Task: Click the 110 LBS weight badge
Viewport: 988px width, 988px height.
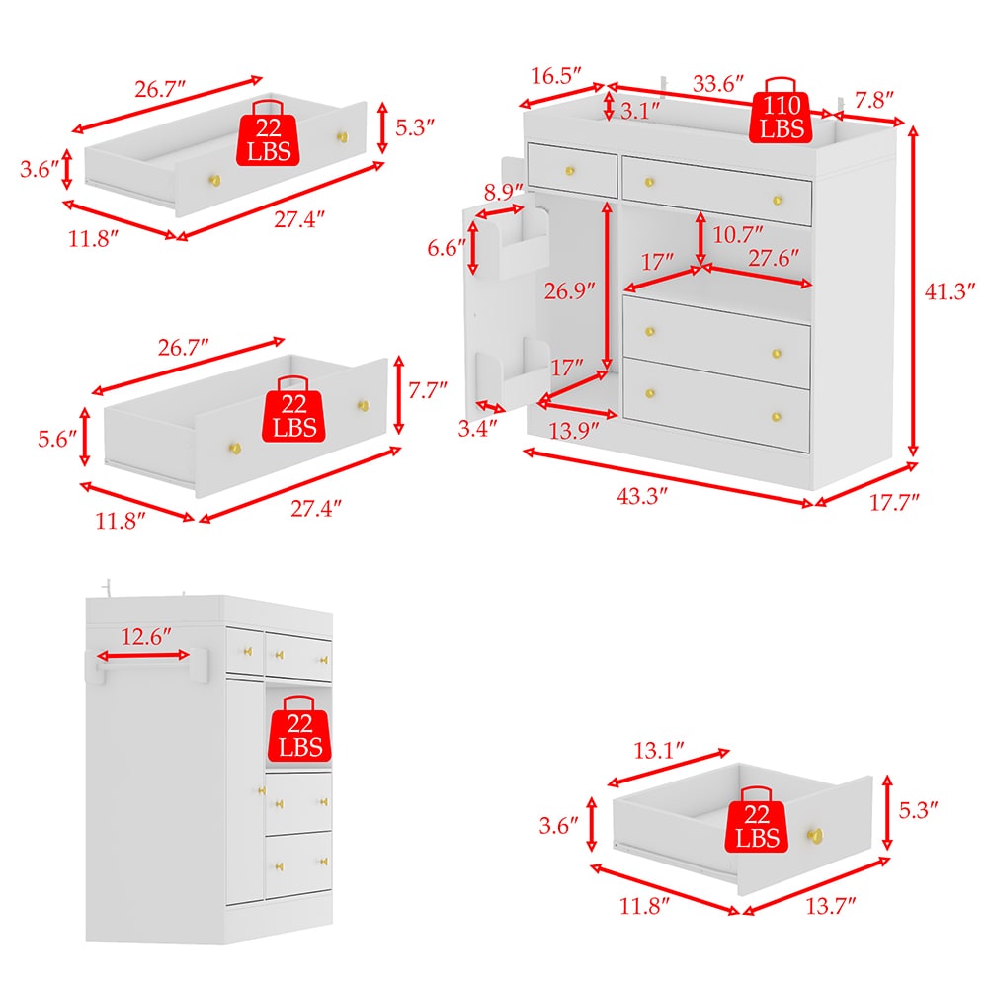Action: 781,111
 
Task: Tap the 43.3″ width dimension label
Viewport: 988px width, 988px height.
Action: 641,496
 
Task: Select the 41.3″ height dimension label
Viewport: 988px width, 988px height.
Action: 949,291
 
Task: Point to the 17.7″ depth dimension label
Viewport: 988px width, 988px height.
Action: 894,502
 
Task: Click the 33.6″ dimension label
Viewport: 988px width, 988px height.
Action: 717,83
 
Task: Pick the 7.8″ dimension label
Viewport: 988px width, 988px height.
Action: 874,100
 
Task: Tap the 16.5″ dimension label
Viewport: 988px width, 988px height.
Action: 555,76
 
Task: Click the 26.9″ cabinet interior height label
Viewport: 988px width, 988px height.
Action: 570,290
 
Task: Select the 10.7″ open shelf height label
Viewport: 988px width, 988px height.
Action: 737,234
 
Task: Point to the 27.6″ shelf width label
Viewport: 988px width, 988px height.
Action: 774,258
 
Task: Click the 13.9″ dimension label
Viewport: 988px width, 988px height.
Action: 573,431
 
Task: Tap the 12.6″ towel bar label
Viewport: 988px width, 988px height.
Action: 145,637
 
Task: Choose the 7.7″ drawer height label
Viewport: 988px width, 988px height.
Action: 427,390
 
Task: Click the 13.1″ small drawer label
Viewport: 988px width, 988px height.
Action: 658,751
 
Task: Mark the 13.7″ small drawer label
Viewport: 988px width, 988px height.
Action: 831,906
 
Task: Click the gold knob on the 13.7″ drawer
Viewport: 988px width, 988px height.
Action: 815,836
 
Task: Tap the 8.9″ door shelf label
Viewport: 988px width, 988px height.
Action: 504,192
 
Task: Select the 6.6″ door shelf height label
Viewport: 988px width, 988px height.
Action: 447,248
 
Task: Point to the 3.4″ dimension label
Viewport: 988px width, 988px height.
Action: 477,429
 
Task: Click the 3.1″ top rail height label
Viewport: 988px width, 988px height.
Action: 639,111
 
